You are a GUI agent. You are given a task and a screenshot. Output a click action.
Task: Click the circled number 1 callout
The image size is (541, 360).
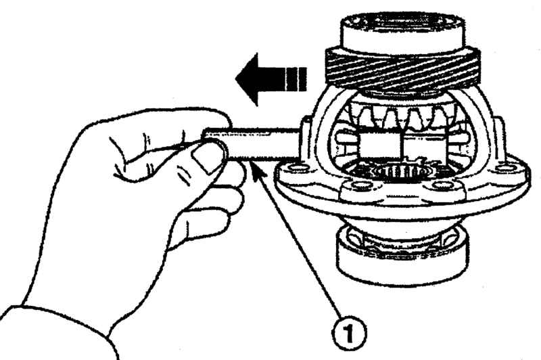[349, 334]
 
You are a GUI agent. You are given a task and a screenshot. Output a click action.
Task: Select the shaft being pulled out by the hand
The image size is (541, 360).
[252, 143]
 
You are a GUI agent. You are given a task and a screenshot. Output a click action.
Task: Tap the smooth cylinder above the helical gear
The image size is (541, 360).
[402, 31]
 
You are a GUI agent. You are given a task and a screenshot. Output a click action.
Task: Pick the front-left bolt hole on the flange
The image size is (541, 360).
[360, 186]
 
